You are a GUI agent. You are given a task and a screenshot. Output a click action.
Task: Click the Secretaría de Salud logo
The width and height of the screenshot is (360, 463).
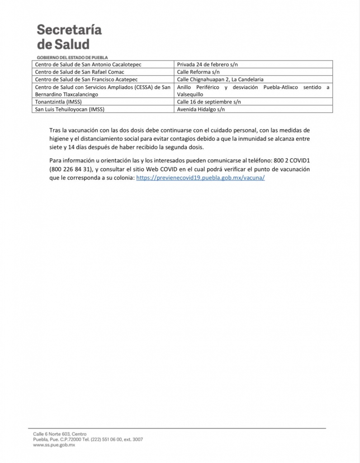coord(69,37)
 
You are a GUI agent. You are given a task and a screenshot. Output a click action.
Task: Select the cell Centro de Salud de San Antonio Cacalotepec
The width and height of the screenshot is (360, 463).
coord(88,65)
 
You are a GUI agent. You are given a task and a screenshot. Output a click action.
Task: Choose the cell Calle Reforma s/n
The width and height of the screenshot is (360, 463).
coord(197,72)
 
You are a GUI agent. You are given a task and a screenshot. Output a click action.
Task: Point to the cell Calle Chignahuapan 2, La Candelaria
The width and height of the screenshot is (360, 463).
coord(220,80)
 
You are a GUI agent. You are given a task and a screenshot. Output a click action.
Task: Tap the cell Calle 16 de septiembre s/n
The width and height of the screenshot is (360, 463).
coord(209,102)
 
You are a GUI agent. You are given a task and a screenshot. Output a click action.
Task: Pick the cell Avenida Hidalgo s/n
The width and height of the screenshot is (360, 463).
coord(201,109)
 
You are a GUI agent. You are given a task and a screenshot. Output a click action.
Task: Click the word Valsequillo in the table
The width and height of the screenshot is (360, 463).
coord(190,94)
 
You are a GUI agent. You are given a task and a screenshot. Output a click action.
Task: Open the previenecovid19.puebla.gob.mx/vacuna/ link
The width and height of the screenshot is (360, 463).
coord(200,178)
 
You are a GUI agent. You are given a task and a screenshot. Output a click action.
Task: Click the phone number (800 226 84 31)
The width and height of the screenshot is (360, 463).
coord(70,169)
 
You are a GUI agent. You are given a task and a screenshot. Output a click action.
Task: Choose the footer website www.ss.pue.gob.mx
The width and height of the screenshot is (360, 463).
coord(54,445)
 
